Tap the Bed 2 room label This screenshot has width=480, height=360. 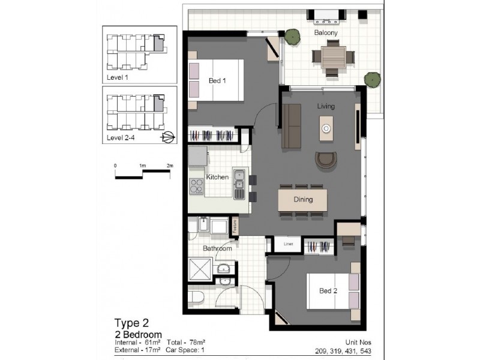[328, 291]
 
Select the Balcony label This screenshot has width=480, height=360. [326, 33]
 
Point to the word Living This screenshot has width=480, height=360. [326, 106]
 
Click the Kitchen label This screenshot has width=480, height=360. [216, 178]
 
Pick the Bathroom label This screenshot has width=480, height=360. [217, 248]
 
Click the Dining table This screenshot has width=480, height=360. [303, 200]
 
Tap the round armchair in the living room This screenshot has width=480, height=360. [326, 160]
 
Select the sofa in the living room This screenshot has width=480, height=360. [292, 127]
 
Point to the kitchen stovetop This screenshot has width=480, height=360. [197, 187]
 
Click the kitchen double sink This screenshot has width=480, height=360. [239, 183]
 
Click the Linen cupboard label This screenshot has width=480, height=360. [288, 245]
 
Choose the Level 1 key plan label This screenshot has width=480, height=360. [118, 77]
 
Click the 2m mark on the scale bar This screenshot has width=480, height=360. [170, 166]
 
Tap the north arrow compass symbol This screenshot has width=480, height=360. [169, 137]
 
